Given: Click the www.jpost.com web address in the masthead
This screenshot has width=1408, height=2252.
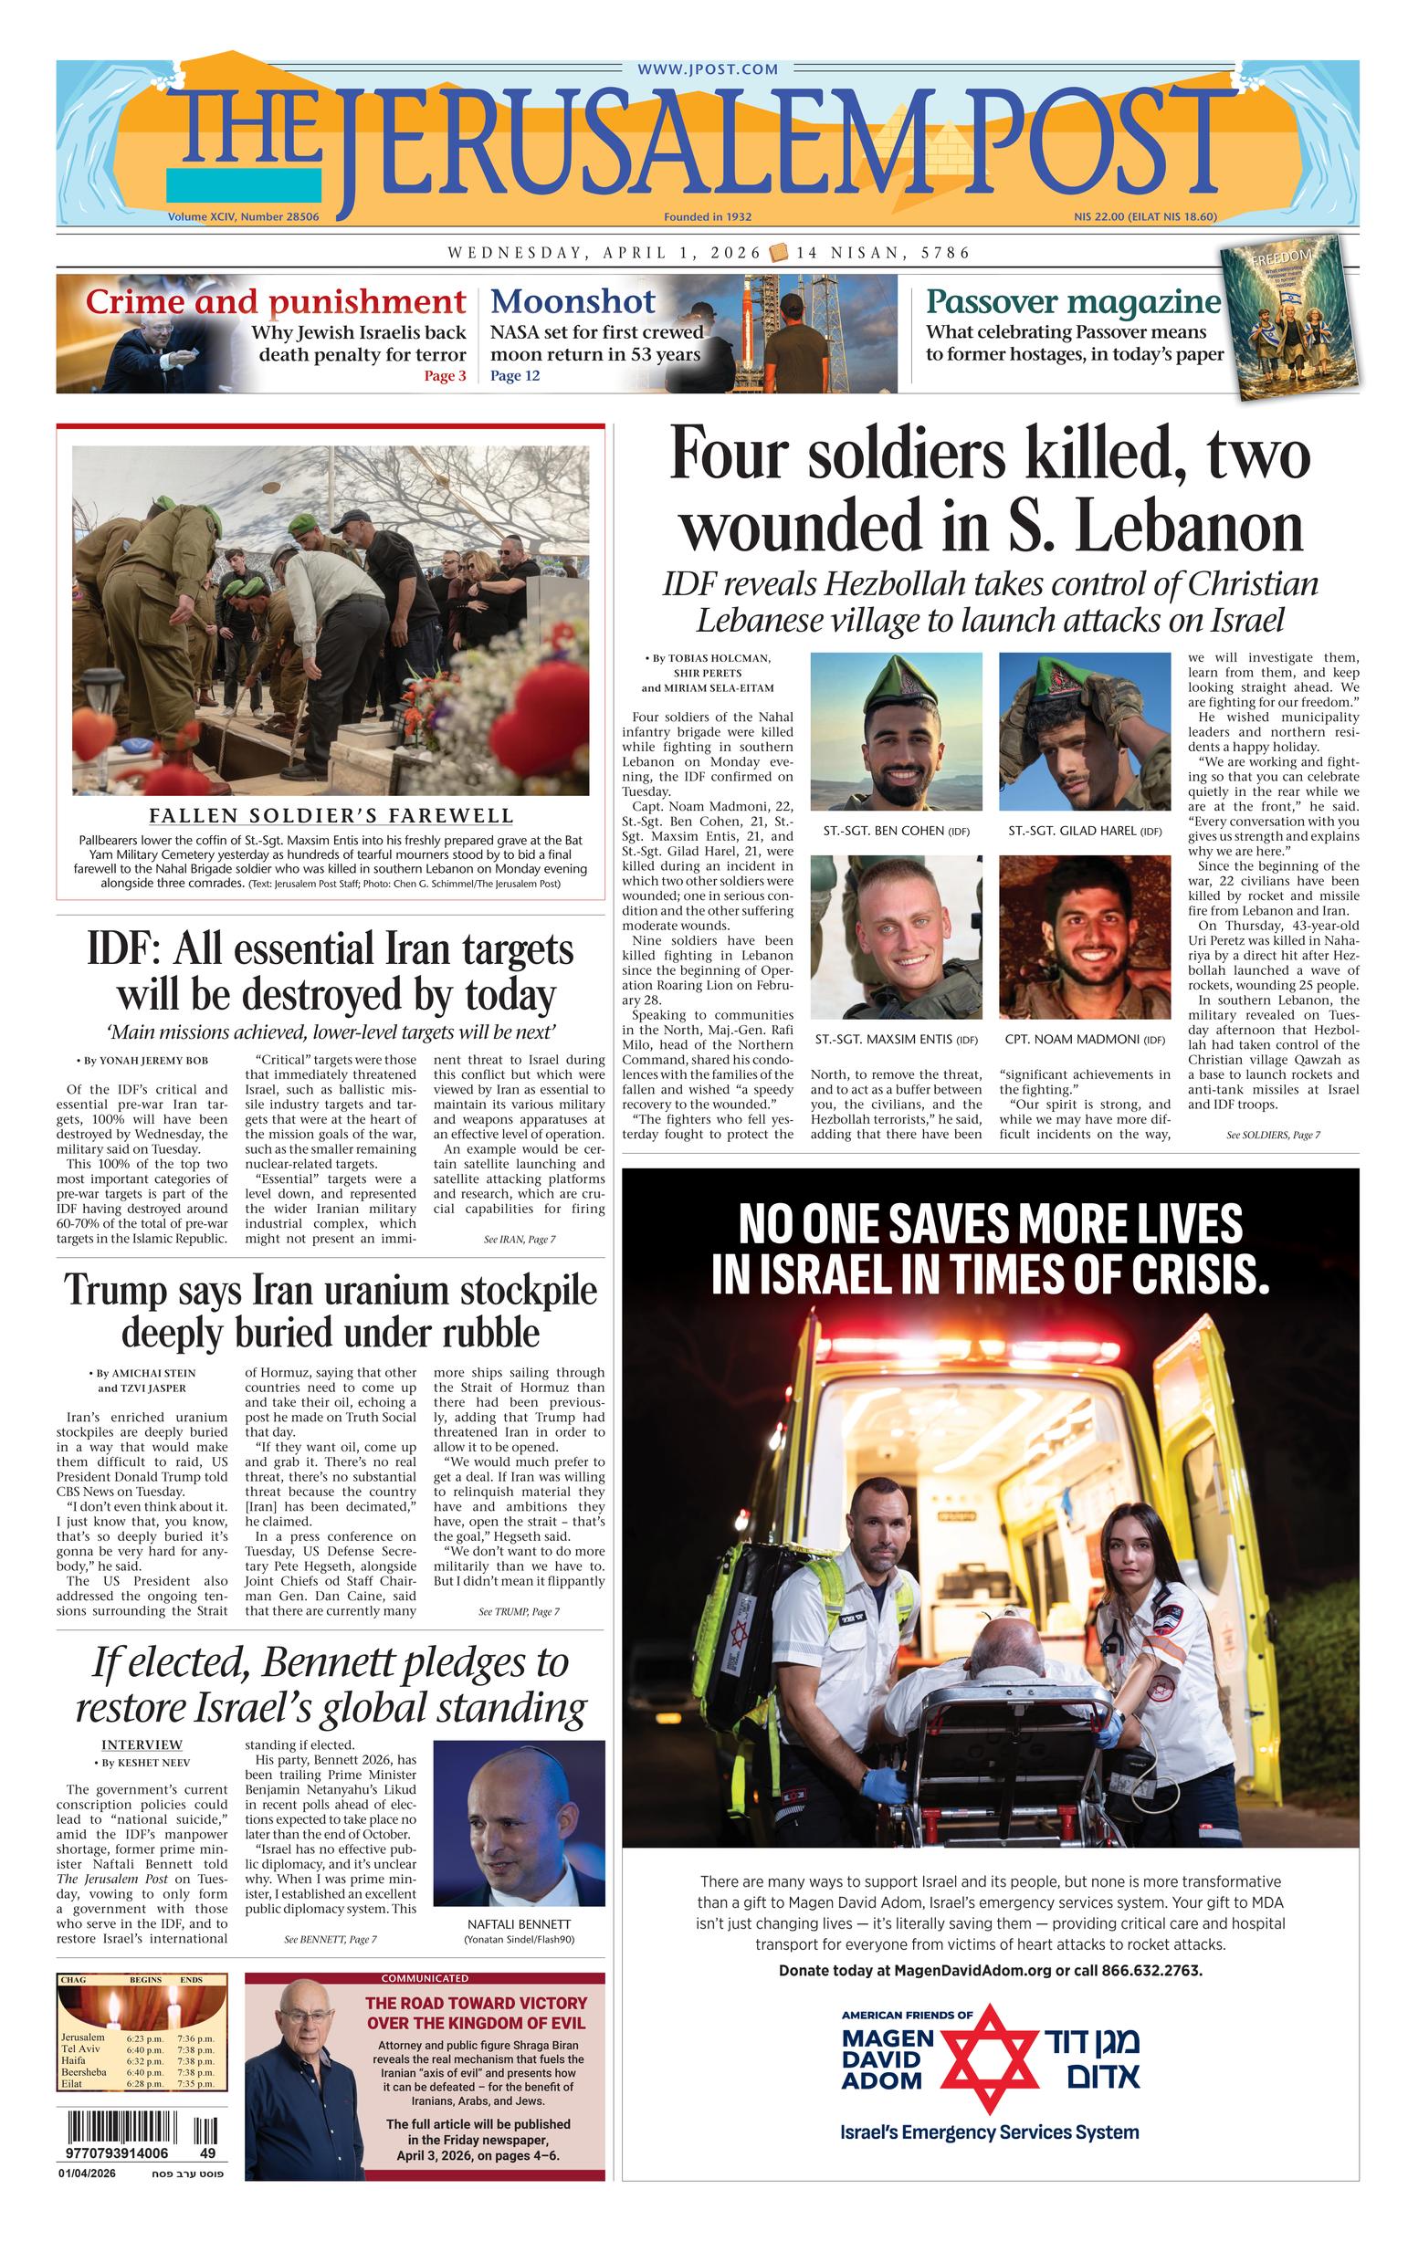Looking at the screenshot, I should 708,69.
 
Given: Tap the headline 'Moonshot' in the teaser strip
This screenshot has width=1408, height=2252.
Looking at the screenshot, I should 573,301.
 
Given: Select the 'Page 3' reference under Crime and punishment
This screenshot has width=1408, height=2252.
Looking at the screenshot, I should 445,376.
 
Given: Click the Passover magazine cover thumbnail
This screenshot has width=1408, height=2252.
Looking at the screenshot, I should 1288,318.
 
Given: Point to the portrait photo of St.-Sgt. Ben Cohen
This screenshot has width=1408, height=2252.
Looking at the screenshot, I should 896,731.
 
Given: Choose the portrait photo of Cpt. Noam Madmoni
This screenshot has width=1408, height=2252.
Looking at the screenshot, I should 1084,937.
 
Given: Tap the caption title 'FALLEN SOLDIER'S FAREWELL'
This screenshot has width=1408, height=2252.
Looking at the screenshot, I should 331,816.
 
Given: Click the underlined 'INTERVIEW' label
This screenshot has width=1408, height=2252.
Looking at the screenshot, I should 142,1744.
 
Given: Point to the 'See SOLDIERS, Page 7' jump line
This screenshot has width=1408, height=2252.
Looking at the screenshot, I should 1273,1135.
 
